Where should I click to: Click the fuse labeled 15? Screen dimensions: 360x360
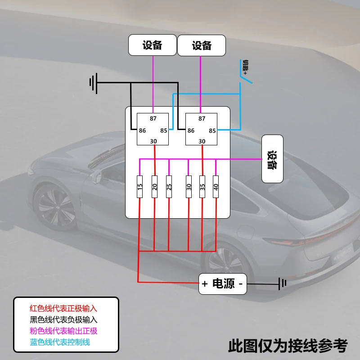tap(139, 187)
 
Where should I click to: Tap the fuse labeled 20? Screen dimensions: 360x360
tap(154, 187)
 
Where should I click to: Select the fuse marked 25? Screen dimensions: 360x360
tap(169, 187)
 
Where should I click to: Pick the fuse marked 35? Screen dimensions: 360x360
tap(202, 187)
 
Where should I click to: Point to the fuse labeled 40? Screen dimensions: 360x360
tap(216, 187)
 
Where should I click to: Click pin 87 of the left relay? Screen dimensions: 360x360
tap(153, 118)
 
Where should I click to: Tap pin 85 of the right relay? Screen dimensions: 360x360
tap(212, 130)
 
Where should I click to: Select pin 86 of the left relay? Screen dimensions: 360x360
tap(142, 130)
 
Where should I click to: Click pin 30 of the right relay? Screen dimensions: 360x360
tap(202, 141)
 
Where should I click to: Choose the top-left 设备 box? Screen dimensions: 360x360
tap(153, 45)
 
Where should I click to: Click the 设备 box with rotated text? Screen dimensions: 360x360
tap(272, 159)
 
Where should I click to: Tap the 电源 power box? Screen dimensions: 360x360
tap(222, 284)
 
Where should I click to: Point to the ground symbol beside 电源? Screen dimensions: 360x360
tap(283, 284)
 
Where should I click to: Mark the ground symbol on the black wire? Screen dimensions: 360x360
tap(94, 83)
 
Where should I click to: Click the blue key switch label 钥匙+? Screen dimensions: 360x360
tap(245, 67)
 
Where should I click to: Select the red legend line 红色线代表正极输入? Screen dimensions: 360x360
tap(63, 308)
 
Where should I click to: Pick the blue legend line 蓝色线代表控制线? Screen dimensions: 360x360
tap(60, 342)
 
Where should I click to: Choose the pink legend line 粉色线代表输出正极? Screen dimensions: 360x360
tap(63, 331)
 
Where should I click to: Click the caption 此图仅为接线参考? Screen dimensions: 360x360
tap(288, 346)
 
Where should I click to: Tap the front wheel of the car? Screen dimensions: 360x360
tap(54, 207)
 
